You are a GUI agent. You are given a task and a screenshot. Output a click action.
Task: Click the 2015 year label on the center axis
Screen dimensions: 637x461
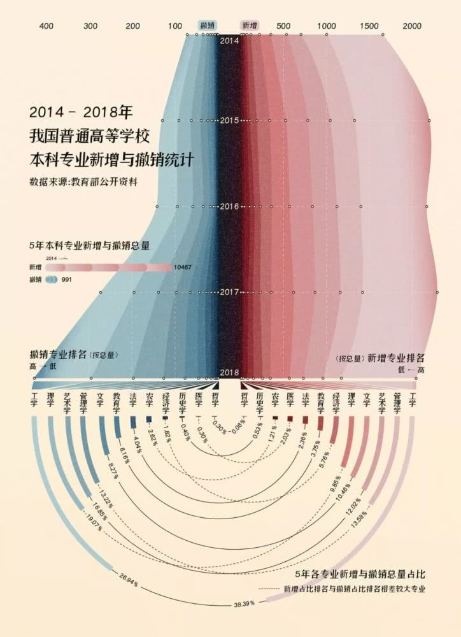(229, 120)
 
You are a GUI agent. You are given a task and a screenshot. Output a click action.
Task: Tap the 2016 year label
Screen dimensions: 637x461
(229, 206)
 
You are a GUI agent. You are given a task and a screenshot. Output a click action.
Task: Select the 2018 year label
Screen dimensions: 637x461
(229, 373)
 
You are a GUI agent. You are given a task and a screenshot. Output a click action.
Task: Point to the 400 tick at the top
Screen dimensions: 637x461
(46, 26)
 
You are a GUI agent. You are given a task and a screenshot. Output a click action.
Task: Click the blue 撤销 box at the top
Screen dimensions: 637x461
(208, 25)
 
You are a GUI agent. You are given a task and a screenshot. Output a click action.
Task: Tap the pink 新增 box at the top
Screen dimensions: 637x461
(249, 25)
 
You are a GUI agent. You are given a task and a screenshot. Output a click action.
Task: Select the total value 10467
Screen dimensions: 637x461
(182, 268)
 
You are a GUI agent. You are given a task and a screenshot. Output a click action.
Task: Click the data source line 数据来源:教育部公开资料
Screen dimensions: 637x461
(83, 182)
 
